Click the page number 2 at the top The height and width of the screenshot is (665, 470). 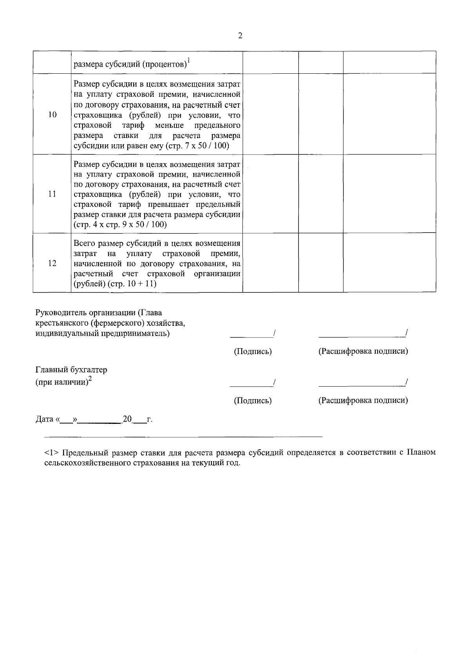pyautogui.click(x=240, y=36)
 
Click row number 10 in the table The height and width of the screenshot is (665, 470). pyautogui.click(x=52, y=114)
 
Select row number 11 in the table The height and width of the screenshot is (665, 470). pyautogui.click(x=52, y=194)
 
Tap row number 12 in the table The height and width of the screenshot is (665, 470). pyautogui.click(x=52, y=263)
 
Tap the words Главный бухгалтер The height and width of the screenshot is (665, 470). pyautogui.click(x=71, y=370)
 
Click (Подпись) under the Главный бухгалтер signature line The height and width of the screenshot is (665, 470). pyautogui.click(x=253, y=401)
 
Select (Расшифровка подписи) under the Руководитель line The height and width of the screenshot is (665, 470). pyautogui.click(x=363, y=351)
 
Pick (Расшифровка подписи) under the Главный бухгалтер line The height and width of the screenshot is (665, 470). pyautogui.click(x=363, y=400)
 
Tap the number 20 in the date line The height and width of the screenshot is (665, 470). pyautogui.click(x=127, y=419)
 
